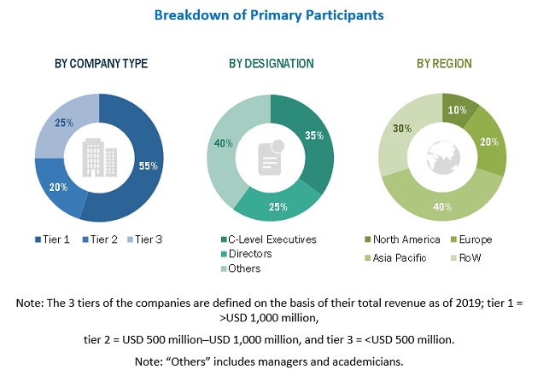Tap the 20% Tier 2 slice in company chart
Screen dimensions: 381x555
click(58, 188)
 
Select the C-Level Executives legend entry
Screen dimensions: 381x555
click(266, 240)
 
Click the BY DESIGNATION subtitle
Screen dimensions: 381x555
click(271, 63)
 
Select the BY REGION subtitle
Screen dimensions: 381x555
click(443, 63)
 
